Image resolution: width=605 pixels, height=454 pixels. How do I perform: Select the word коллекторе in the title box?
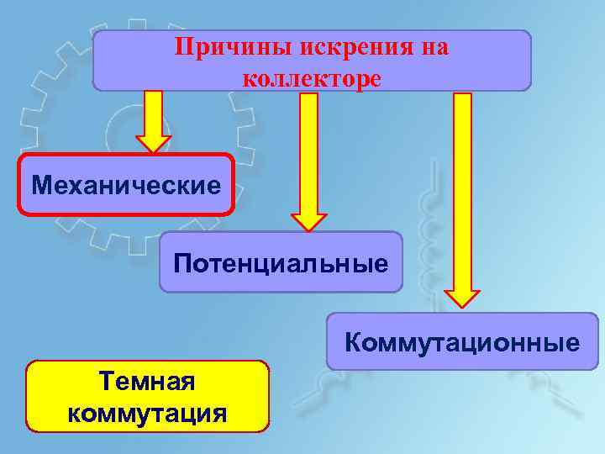(x=312, y=78)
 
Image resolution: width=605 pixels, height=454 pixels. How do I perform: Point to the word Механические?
(x=126, y=183)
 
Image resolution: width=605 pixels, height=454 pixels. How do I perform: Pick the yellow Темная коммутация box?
(x=148, y=396)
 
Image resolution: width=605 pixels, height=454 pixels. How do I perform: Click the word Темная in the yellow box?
(x=147, y=382)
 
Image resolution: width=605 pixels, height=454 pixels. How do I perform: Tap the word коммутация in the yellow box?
(x=147, y=413)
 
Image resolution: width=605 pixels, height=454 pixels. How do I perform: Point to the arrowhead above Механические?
(x=153, y=143)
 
